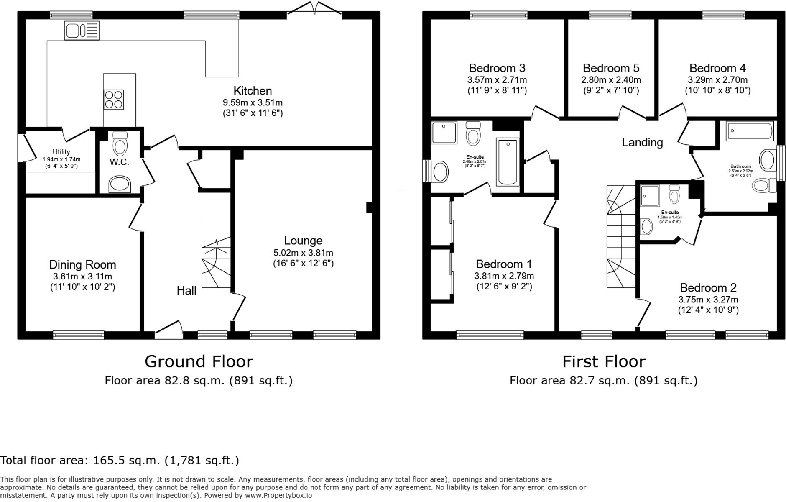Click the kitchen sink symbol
pos(82,31)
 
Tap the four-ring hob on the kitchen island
pos(113,100)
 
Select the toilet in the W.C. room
pos(120,144)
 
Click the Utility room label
pos(61,152)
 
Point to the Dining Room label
pos(82,264)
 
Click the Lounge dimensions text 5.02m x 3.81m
pos(303,253)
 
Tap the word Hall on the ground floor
pos(186,291)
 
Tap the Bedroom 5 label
pos(611,68)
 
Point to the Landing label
pos(642,142)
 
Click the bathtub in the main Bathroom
pos(749,131)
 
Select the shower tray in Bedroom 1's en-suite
pos(444,133)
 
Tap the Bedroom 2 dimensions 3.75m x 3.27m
pos(708,300)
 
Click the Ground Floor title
pos(199,361)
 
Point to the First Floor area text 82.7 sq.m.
pos(603,381)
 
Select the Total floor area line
pos(120,461)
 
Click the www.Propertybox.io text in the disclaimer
pos(278,495)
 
